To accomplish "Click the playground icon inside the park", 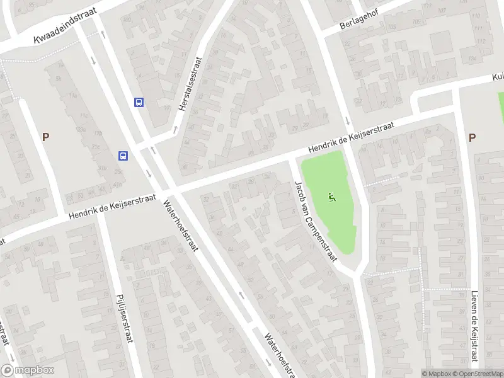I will click(x=332, y=197).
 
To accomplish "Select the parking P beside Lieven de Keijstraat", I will click(x=472, y=137).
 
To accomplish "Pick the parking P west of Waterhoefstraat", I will click(x=45, y=137).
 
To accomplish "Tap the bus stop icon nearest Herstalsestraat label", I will click(x=139, y=102).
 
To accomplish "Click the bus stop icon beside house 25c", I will click(x=124, y=156).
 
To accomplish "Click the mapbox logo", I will click(x=27, y=370).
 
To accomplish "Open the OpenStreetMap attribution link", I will click(x=479, y=374).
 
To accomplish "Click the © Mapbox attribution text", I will click(x=437, y=374).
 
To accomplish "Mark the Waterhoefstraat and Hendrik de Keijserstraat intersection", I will click(x=168, y=189).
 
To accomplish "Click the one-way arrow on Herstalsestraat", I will click(x=175, y=129).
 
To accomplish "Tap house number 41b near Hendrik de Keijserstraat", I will click(x=118, y=185).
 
